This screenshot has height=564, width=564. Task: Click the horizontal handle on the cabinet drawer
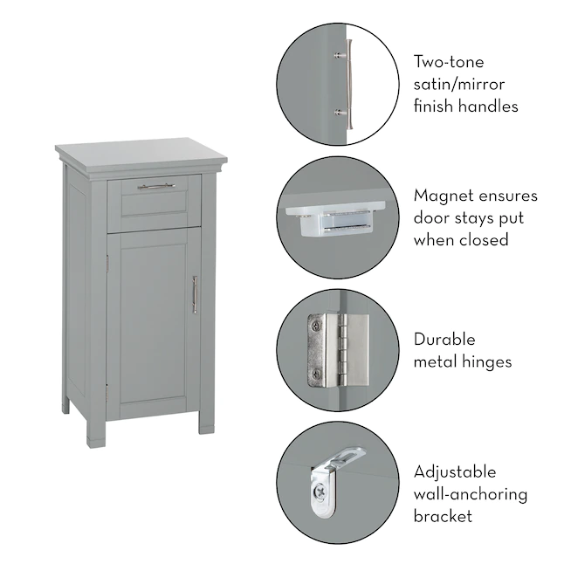[156, 186]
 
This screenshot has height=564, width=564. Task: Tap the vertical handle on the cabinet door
[195, 294]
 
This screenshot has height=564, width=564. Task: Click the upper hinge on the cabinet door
[107, 264]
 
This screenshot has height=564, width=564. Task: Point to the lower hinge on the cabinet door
[107, 392]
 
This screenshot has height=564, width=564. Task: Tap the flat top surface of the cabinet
[141, 153]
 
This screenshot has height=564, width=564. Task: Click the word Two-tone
[449, 62]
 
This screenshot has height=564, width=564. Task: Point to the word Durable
[444, 340]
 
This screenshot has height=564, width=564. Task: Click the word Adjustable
[455, 472]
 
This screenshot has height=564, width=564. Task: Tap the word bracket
[443, 516]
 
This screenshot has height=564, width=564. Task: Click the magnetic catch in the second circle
[335, 218]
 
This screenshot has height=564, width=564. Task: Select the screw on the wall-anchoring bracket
[320, 490]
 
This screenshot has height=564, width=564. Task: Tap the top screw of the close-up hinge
[316, 327]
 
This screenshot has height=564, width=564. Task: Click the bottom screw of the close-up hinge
[316, 375]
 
